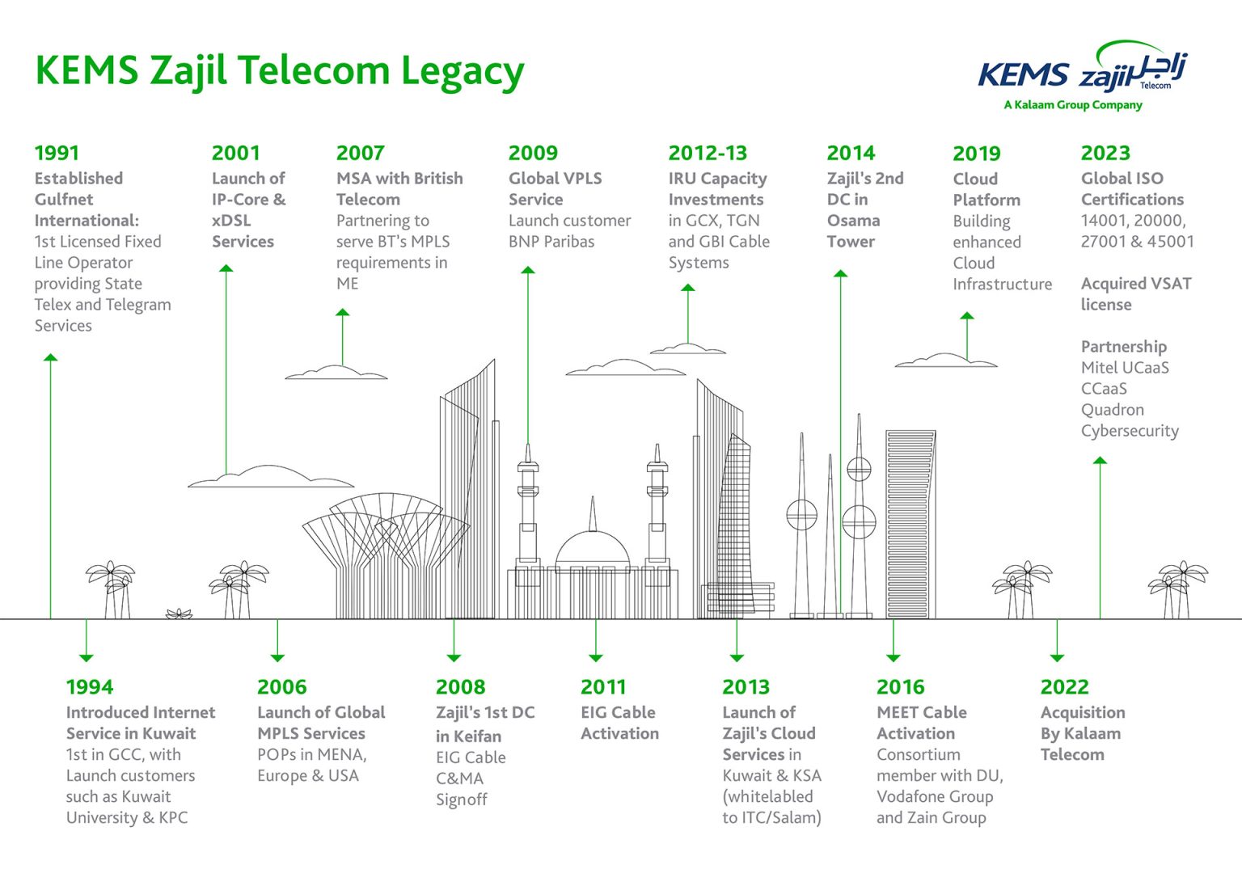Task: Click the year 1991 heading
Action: tap(57, 153)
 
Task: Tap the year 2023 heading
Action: tap(1105, 153)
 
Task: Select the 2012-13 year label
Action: tap(708, 153)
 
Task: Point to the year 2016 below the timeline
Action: tap(900, 687)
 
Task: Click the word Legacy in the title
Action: tap(463, 71)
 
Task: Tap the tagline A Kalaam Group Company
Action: tap(1073, 105)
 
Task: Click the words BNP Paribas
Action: tap(551, 242)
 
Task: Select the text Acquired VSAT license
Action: tap(1135, 294)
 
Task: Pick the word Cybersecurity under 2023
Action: tap(1130, 431)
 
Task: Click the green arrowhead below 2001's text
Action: tap(226, 268)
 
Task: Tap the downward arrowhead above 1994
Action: tap(87, 657)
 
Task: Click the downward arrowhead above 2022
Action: tap(1057, 657)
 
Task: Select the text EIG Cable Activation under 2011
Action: tap(619, 723)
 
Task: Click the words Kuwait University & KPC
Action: tap(127, 817)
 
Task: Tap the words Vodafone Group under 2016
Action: tap(935, 796)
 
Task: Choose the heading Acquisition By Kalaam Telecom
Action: tap(1082, 733)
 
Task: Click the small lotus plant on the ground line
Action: tap(179, 614)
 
